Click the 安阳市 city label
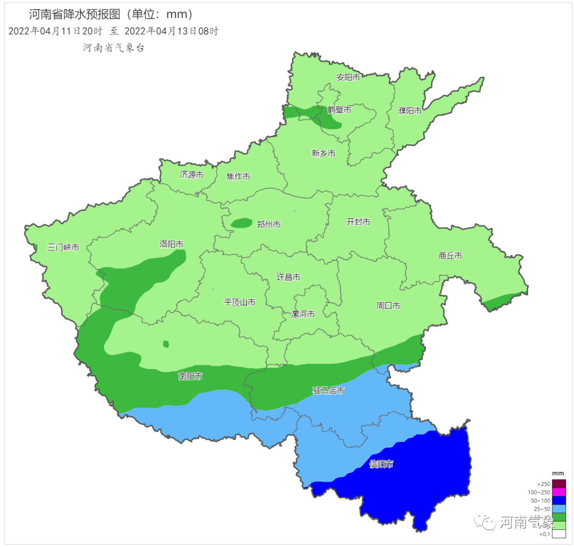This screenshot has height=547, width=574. tap(348, 77)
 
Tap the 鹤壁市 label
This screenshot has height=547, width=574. tap(339, 110)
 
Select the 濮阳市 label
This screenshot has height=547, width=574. tap(410, 110)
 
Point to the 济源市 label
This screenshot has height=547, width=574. tap(191, 175)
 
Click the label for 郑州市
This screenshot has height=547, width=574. tap(268, 225)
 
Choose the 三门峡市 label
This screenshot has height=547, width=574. tap(63, 247)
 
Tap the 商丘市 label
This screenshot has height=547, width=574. tap(450, 255)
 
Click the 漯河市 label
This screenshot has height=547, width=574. tap(303, 314)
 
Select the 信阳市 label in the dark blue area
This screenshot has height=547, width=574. tap(381, 464)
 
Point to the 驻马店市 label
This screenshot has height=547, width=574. tap(328, 391)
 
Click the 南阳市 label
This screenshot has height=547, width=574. tap(190, 377)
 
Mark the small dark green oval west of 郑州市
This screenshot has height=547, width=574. tap(242, 223)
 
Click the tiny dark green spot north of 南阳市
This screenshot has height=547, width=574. tap(166, 344)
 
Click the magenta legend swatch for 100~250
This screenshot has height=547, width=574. tap(559, 492)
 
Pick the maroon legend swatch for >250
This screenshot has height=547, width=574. tap(559, 484)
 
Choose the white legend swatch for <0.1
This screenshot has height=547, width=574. tap(559, 534)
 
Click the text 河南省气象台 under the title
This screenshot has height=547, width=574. tap(114, 48)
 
